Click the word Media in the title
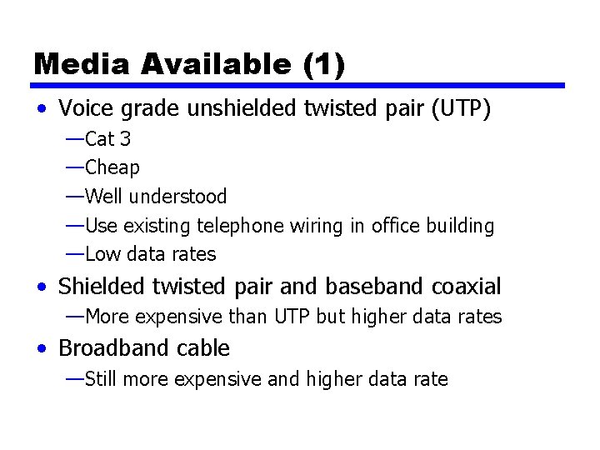point(75,64)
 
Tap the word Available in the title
point(205,64)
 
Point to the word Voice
point(85,108)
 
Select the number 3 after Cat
point(125,138)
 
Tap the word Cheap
point(112,167)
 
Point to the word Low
point(102,254)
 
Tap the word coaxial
point(467,287)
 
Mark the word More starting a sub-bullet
point(107,317)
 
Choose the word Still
point(102,380)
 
